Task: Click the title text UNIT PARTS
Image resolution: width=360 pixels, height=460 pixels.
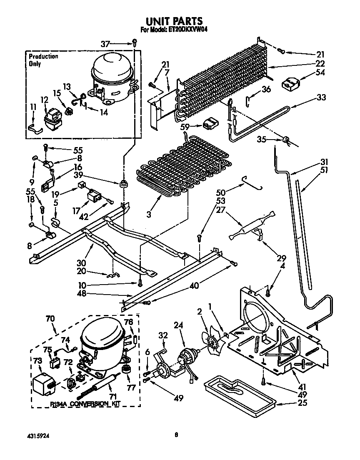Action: (x=174, y=21)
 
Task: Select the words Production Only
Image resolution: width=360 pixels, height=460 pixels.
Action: (x=43, y=60)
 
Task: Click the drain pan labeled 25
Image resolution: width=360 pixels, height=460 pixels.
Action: (x=239, y=392)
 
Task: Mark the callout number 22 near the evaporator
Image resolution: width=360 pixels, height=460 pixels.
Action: (x=320, y=63)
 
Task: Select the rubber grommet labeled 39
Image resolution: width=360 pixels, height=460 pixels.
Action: (x=123, y=183)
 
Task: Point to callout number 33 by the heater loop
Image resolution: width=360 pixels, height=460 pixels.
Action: (x=320, y=97)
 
